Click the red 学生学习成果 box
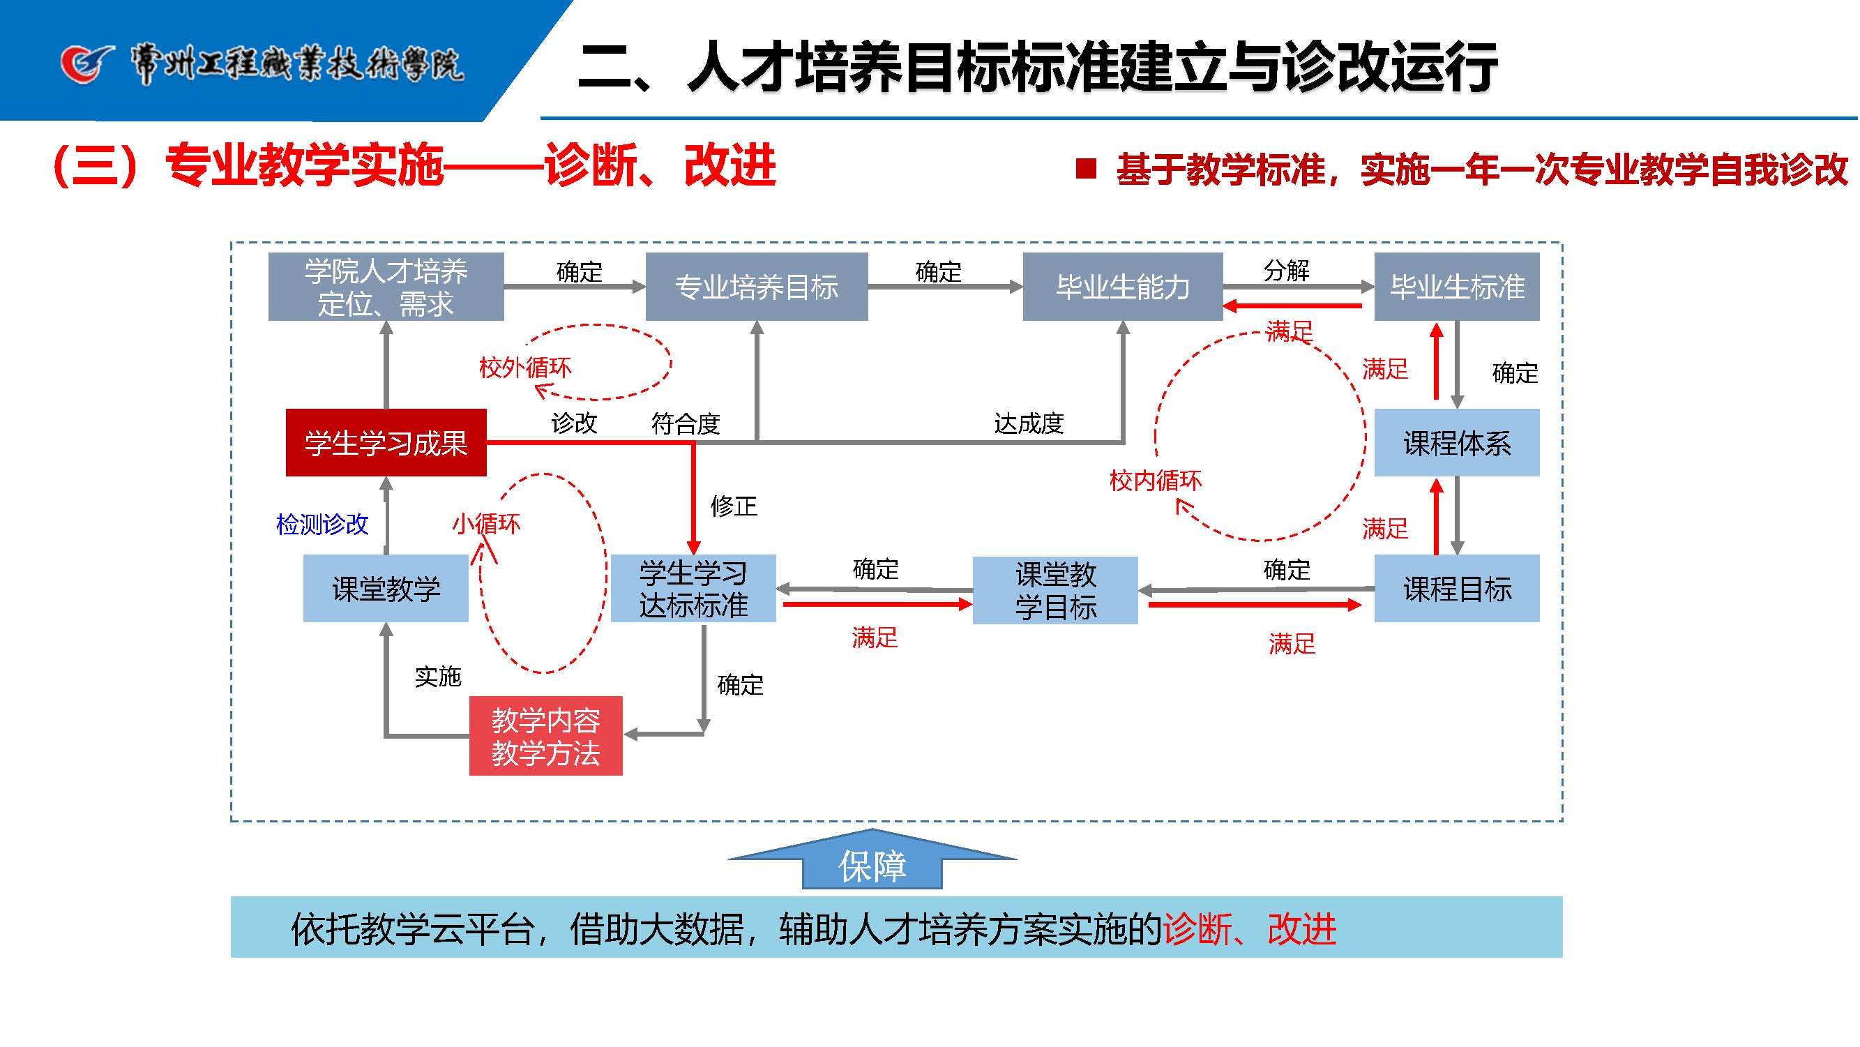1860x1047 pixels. click(x=386, y=443)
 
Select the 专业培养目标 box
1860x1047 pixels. click(x=757, y=287)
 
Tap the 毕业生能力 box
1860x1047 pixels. click(x=1123, y=287)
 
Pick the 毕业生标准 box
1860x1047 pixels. click(x=1457, y=287)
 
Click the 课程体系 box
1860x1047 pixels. click(x=1457, y=443)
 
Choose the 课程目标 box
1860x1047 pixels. click(x=1457, y=589)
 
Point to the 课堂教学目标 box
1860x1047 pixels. click(x=1056, y=590)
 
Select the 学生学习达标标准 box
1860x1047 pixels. click(x=693, y=589)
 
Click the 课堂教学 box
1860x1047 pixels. click(x=386, y=589)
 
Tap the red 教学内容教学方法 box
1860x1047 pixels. click(x=546, y=736)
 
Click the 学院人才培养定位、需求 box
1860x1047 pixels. click(x=386, y=287)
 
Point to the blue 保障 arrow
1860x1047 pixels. click(x=872, y=864)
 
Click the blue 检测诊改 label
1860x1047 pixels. click(x=322, y=525)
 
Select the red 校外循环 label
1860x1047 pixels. click(x=525, y=368)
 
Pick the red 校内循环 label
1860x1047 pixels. click(x=1156, y=480)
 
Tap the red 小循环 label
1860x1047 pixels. click(x=486, y=523)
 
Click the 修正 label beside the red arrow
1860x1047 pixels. click(x=734, y=506)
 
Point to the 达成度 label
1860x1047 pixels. click(x=1029, y=423)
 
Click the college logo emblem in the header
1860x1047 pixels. click(x=86, y=63)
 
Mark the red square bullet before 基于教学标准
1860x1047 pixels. click(x=1086, y=169)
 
